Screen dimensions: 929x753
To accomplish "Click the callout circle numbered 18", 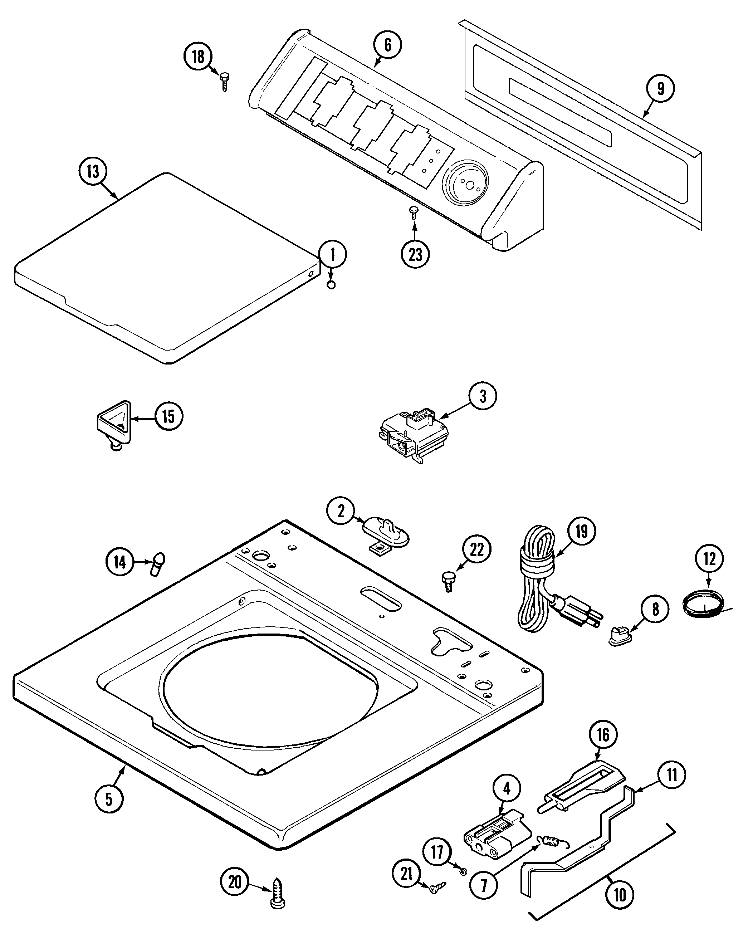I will point(198,57).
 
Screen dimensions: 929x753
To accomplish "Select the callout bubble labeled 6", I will point(387,45).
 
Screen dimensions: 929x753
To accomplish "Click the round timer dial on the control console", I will point(465,183).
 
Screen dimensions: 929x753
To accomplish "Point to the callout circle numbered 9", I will point(661,88).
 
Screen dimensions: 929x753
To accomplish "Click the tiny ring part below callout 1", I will point(331,285).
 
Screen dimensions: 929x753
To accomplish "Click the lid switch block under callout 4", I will point(498,833).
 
